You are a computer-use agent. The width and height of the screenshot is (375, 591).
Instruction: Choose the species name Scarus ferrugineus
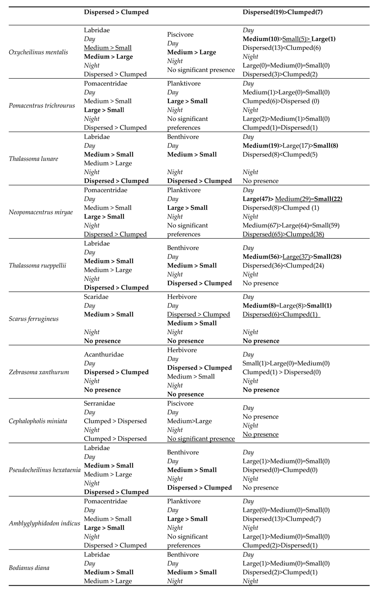pyautogui.click(x=34, y=318)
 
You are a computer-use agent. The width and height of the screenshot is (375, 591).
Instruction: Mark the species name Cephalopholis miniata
pyautogui.click(x=37, y=421)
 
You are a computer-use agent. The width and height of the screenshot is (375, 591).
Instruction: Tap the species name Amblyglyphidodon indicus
pyautogui.click(x=44, y=523)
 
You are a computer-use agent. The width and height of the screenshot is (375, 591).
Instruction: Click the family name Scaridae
pyautogui.click(x=97, y=296)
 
